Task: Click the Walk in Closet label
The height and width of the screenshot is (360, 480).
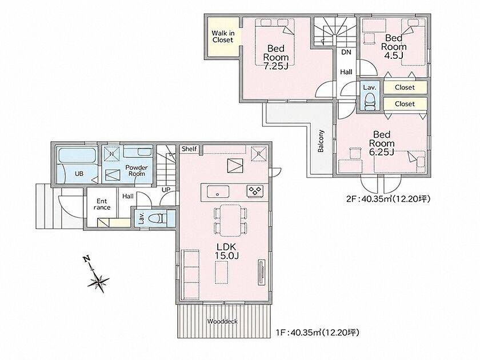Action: [x=223, y=37]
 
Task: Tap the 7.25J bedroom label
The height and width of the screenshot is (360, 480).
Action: [x=276, y=57]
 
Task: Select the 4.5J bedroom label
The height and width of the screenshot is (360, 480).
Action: [x=394, y=46]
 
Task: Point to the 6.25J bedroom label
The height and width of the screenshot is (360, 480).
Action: [x=382, y=143]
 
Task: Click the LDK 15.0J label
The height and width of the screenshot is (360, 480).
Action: [x=226, y=251]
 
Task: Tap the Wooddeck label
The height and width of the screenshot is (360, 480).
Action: [x=222, y=321]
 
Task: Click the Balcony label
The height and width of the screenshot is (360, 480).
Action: [x=321, y=141]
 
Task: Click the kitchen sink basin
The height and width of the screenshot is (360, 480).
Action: [x=218, y=192]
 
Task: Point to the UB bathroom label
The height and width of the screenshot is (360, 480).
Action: [x=79, y=174]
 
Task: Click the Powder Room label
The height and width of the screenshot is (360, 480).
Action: [x=137, y=170]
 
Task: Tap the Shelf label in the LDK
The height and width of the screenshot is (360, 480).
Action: [x=189, y=149]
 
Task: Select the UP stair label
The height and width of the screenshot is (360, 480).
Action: [x=166, y=190]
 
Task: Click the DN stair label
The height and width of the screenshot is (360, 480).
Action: [x=346, y=52]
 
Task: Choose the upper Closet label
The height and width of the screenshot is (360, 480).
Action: [x=405, y=87]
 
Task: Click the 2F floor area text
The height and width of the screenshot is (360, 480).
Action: [x=388, y=199]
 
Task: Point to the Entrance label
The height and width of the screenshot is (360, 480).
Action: [x=102, y=204]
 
